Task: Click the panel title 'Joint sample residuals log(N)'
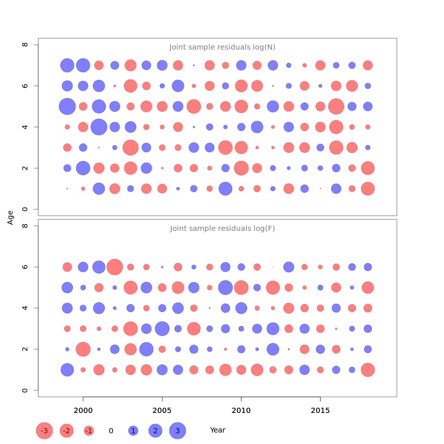click(x=222, y=47)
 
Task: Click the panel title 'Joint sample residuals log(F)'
click(x=222, y=229)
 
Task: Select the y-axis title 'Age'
click(x=10, y=218)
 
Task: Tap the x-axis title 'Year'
click(x=218, y=430)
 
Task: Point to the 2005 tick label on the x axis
click(x=162, y=410)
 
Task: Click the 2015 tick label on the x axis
click(x=320, y=410)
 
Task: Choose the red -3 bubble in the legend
click(x=44, y=431)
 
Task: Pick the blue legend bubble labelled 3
click(x=178, y=431)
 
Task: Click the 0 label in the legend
click(x=111, y=431)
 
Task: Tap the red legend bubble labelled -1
click(x=89, y=431)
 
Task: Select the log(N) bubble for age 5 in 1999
click(x=67, y=107)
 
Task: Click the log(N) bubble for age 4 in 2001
click(x=99, y=127)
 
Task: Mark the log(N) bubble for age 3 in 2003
click(x=131, y=148)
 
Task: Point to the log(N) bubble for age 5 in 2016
click(x=336, y=107)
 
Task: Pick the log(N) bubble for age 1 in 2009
click(x=225, y=189)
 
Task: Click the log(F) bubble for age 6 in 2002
click(x=115, y=267)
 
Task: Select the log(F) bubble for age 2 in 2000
click(x=83, y=349)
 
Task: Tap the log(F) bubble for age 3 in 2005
click(x=162, y=329)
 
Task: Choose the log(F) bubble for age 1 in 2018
click(x=368, y=370)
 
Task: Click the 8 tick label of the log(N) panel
click(x=25, y=45)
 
